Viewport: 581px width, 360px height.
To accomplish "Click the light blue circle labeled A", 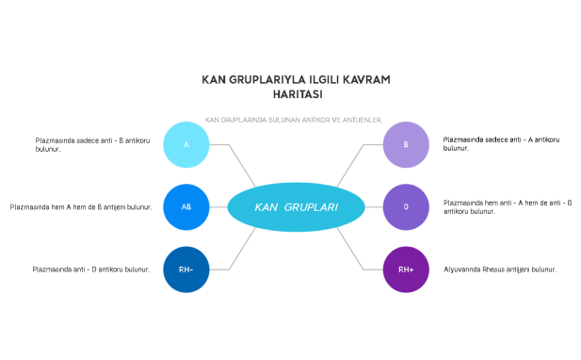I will [x=186, y=144].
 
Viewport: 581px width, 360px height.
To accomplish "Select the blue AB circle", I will [x=186, y=206].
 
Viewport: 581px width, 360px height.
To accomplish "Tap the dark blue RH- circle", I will [x=186, y=270].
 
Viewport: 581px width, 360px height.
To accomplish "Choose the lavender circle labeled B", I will [x=406, y=144].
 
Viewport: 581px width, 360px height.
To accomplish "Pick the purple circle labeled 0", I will [x=406, y=206].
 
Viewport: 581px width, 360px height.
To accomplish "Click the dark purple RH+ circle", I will [x=406, y=270].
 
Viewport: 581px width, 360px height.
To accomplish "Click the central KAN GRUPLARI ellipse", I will [x=296, y=207].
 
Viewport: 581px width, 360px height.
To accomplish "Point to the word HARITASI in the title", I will [x=297, y=94].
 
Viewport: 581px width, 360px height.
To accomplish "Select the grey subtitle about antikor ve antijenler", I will [x=294, y=120].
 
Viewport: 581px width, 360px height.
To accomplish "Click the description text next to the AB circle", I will [x=81, y=206].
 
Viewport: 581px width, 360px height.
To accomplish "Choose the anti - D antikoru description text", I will [x=90, y=270].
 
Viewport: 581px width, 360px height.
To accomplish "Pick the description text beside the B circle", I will [x=501, y=144].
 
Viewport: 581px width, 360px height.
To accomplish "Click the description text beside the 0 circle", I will [x=508, y=206].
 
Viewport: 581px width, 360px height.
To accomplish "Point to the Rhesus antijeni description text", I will [x=499, y=270].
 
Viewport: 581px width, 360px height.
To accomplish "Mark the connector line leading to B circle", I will [x=350, y=164].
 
